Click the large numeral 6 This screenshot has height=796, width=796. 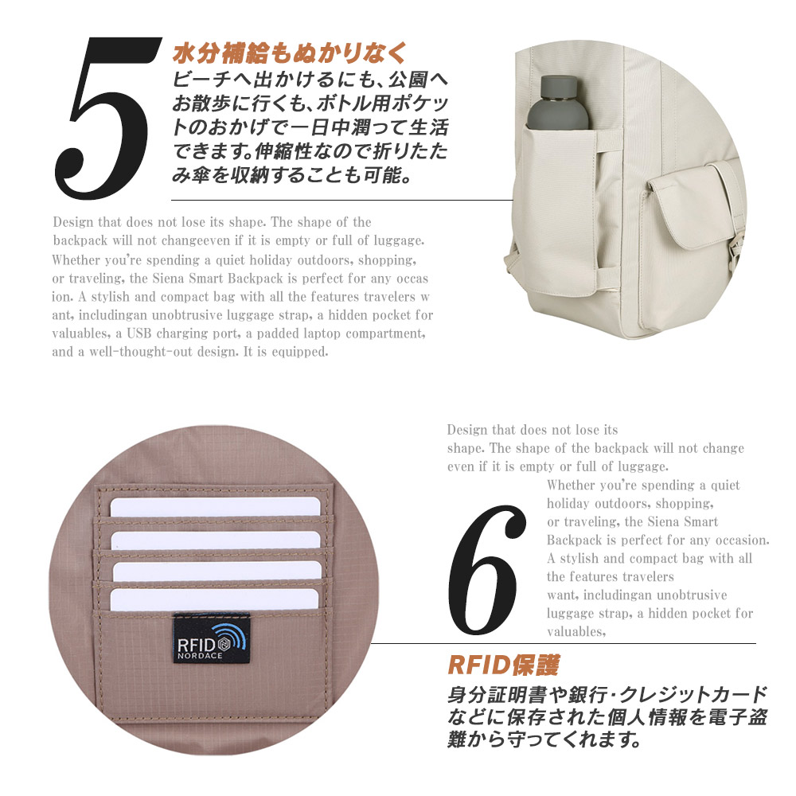486,570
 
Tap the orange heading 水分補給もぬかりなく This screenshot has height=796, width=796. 290,53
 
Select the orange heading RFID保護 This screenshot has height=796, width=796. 504,665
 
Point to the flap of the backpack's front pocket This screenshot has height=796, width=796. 696,204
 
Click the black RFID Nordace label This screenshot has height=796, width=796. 211,638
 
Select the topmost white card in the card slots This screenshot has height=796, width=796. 215,506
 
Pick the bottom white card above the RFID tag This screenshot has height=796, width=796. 214,599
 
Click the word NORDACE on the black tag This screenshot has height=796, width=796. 200,655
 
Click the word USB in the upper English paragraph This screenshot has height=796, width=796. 139,334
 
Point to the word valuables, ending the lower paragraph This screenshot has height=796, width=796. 576,631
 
